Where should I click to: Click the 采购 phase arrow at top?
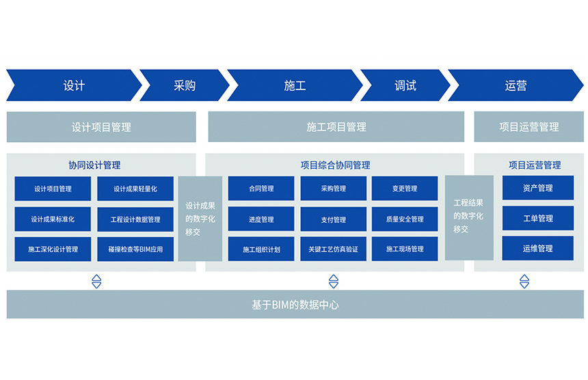pyautogui.click(x=185, y=85)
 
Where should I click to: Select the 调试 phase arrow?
pyautogui.click(x=405, y=85)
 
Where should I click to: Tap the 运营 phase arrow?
pyautogui.click(x=516, y=85)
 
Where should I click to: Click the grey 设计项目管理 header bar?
pyautogui.click(x=101, y=127)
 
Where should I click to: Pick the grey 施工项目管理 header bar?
pyautogui.click(x=336, y=126)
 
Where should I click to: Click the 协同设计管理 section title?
pyautogui.click(x=94, y=165)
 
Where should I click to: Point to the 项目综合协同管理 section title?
pyautogui.click(x=335, y=165)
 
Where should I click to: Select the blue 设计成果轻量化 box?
pyautogui.click(x=135, y=189)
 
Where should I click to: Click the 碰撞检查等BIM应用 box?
pyautogui.click(x=135, y=249)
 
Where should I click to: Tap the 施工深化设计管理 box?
pyautogui.click(x=53, y=249)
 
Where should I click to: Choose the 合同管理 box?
pyautogui.click(x=261, y=189)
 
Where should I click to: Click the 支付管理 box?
pyautogui.click(x=334, y=219)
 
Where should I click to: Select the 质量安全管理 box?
pyautogui.click(x=405, y=219)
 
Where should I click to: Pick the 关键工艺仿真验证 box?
pyautogui.click(x=334, y=249)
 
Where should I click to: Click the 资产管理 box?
pyautogui.click(x=538, y=188)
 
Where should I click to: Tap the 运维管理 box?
pyautogui.click(x=538, y=248)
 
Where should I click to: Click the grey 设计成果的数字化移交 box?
pyautogui.click(x=200, y=219)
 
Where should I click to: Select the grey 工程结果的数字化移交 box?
pyautogui.click(x=469, y=218)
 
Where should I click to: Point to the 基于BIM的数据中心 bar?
pyautogui.click(x=295, y=304)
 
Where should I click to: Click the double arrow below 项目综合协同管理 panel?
pyautogui.click(x=334, y=281)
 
